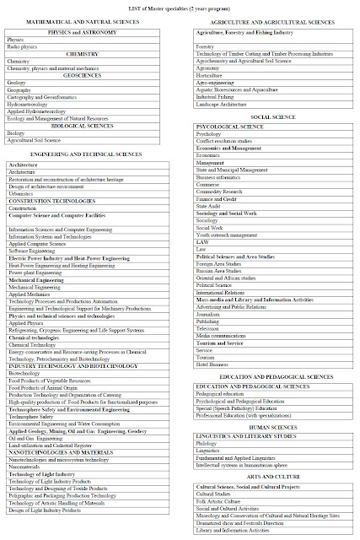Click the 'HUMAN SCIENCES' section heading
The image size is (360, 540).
click(271, 405)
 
